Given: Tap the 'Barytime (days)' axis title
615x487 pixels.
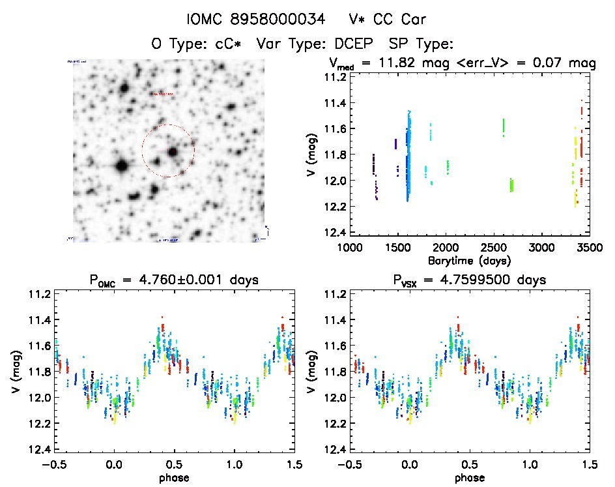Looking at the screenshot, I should pos(468,260).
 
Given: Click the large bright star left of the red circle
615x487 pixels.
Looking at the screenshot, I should pos(121,166).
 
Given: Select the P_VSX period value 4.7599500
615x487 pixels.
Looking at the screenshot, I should pos(484,280).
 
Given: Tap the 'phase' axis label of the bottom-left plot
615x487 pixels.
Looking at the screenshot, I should pos(174,477).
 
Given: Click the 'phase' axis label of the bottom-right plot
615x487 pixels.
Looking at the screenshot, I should pos(470,477).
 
